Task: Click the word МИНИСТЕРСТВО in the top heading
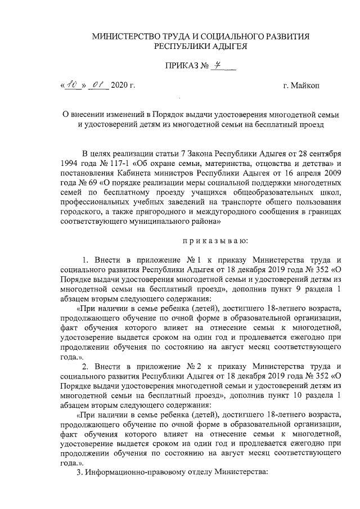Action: (124, 37)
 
